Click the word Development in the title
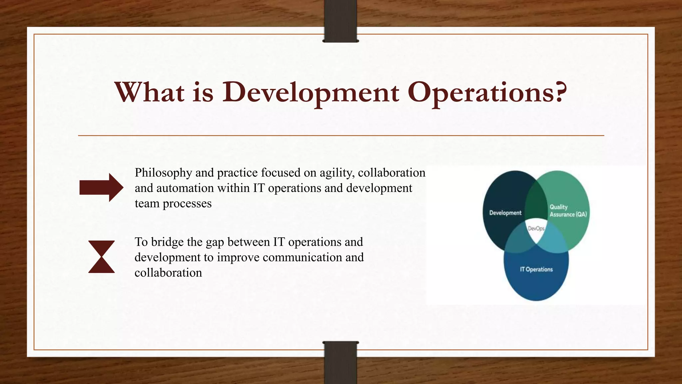[x=310, y=92]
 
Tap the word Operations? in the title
[x=487, y=92]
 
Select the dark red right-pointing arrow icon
[x=101, y=187]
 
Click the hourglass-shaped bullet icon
[x=102, y=257]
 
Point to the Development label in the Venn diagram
[x=505, y=213]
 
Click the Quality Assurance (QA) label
[x=568, y=211]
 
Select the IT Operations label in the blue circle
[x=536, y=269]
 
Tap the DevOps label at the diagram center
[x=536, y=229]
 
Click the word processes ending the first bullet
[x=187, y=204]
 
